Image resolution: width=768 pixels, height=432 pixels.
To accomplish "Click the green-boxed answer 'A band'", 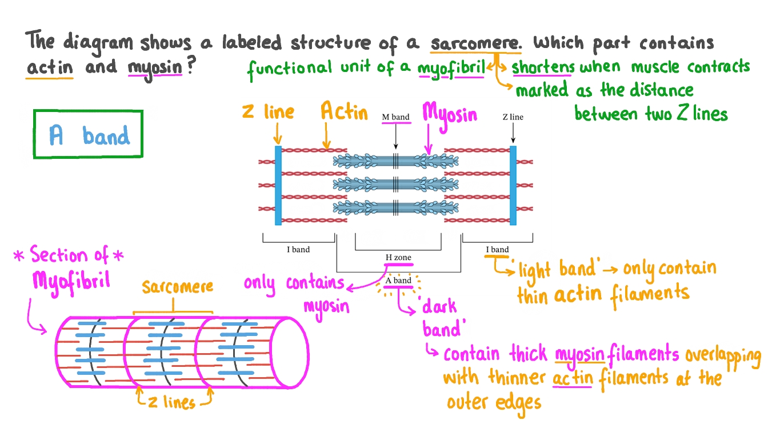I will (x=89, y=135).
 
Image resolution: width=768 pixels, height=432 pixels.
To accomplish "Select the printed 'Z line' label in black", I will (x=513, y=117).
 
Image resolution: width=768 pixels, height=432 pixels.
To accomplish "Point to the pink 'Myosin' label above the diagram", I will (x=449, y=113).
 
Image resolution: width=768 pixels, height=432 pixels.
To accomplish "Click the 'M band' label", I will (x=395, y=117).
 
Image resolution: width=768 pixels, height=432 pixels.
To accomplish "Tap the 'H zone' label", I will (x=398, y=258).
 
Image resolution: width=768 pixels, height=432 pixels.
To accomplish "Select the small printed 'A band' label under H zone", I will (x=398, y=281).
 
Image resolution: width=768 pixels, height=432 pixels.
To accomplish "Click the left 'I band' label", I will (x=298, y=250).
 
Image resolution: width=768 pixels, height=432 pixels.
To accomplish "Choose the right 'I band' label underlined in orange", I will (x=497, y=250).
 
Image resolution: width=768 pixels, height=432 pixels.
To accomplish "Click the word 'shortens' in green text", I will (x=543, y=67).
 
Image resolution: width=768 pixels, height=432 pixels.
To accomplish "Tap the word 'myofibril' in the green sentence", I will (x=451, y=69).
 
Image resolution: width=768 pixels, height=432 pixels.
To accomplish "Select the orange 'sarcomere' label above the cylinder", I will (x=177, y=286).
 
